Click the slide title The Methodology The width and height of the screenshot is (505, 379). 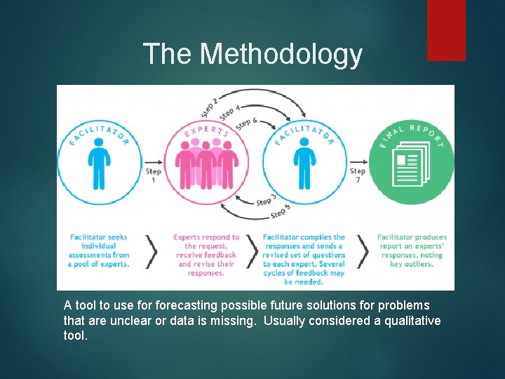(x=252, y=54)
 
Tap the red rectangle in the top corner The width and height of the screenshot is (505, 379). (x=446, y=29)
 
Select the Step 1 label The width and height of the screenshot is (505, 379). (x=154, y=175)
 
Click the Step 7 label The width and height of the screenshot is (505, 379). (x=358, y=175)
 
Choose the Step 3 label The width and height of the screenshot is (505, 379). (x=266, y=199)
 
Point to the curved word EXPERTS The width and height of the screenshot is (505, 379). (x=206, y=131)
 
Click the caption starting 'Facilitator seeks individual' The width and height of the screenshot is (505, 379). (x=100, y=251)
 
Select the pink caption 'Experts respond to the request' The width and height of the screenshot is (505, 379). (x=206, y=255)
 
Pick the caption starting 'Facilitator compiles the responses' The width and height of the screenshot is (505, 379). (x=304, y=259)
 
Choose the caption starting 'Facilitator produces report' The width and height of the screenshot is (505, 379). (x=412, y=251)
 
